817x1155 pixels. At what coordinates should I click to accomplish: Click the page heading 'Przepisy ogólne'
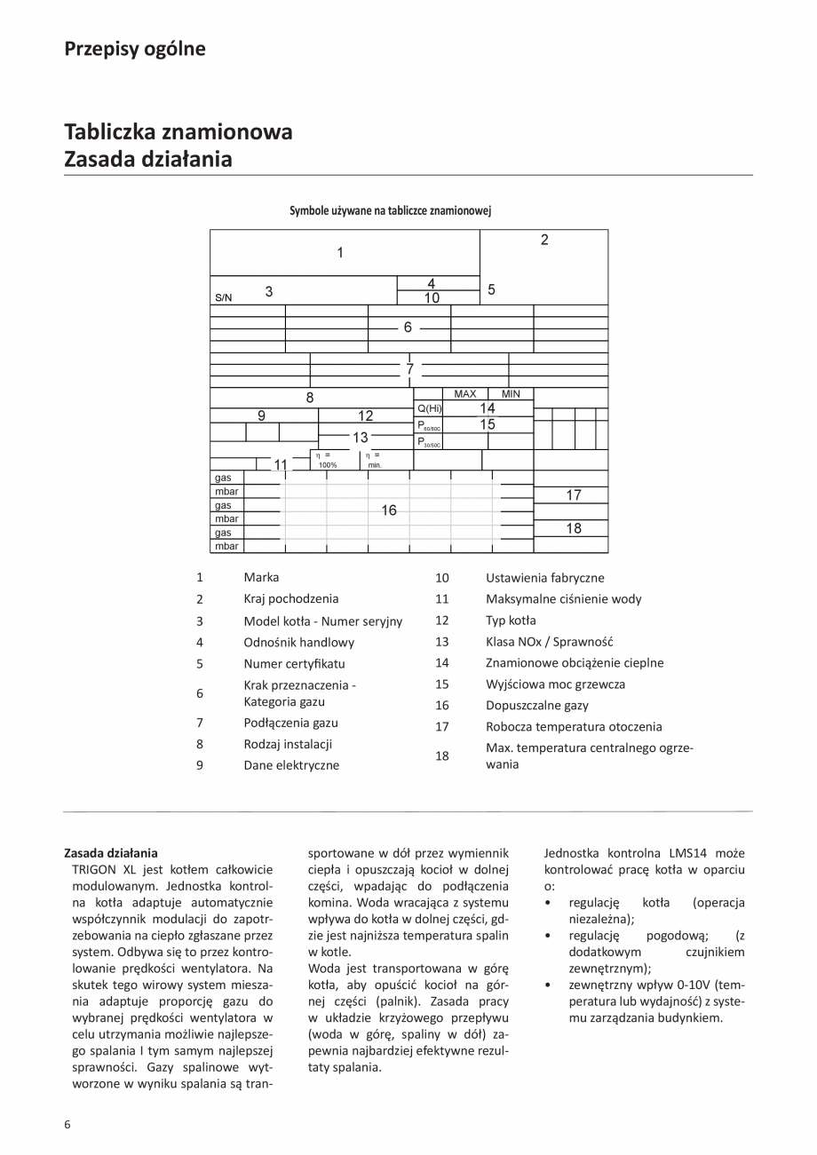pos(135,49)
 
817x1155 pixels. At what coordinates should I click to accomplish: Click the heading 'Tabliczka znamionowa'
pos(178,132)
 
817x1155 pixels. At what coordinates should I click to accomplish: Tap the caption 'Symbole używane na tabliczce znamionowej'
pos(391,211)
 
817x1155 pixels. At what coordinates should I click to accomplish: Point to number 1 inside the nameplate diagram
pos(340,253)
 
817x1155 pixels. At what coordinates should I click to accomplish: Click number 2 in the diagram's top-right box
pos(544,240)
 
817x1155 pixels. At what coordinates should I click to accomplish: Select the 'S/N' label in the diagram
pos(223,297)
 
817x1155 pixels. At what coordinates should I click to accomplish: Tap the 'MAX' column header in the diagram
pos(464,393)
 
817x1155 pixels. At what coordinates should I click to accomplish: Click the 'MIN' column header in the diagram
pos(511,393)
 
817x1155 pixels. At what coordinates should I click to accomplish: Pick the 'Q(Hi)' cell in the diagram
pos(429,408)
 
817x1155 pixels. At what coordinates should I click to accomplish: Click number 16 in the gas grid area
pos(389,510)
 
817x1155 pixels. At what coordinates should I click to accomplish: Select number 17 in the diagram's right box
pos(574,495)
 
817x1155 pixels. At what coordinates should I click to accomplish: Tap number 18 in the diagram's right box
pos(574,528)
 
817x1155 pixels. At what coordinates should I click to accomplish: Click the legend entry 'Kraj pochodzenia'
pos(290,598)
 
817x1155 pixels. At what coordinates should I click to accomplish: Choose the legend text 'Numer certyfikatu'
pos(294,663)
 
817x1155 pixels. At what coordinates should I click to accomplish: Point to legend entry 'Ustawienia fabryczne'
pos(545,578)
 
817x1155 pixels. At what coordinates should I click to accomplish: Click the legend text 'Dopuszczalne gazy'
pos(536,706)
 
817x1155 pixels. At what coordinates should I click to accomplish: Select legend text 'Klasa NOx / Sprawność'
pos(549,641)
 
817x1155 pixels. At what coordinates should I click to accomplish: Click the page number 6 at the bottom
pos(67,1124)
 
